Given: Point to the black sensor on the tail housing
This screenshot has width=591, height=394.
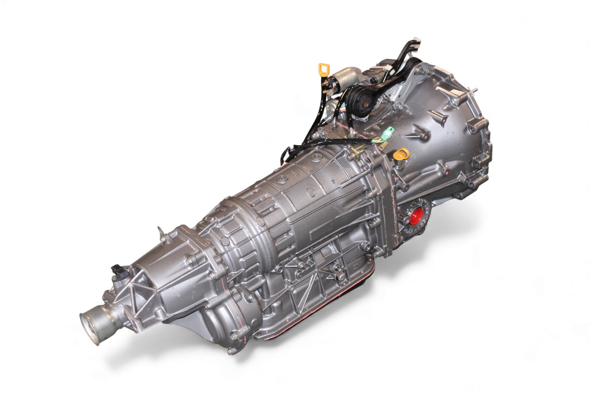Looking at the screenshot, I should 115,270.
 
